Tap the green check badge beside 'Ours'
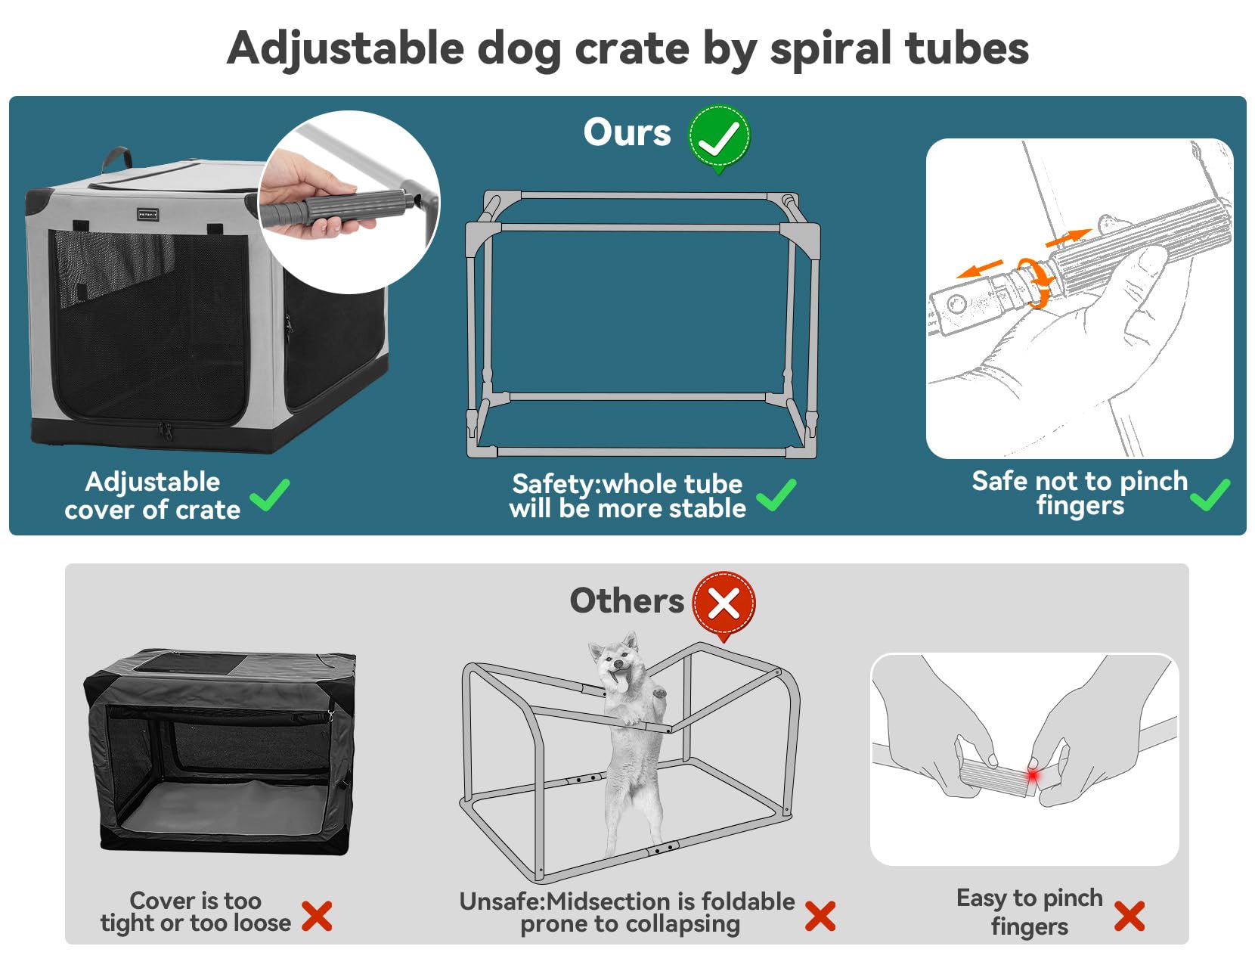click(x=718, y=137)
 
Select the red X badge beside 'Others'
click(x=724, y=603)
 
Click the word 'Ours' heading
click(x=627, y=132)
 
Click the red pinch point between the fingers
click(x=1032, y=776)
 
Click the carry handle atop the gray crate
click(x=116, y=158)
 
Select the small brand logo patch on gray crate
click(x=147, y=215)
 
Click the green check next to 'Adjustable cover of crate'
click(x=270, y=495)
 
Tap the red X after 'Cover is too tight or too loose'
click(x=317, y=915)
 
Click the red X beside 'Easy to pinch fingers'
click(x=1129, y=915)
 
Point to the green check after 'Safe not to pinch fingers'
click(x=1210, y=495)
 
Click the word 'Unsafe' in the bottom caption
click(x=500, y=901)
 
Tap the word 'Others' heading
click(x=627, y=601)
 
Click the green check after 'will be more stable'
click(x=776, y=495)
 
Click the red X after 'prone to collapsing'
click(x=820, y=916)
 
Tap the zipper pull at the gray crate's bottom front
click(x=166, y=431)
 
